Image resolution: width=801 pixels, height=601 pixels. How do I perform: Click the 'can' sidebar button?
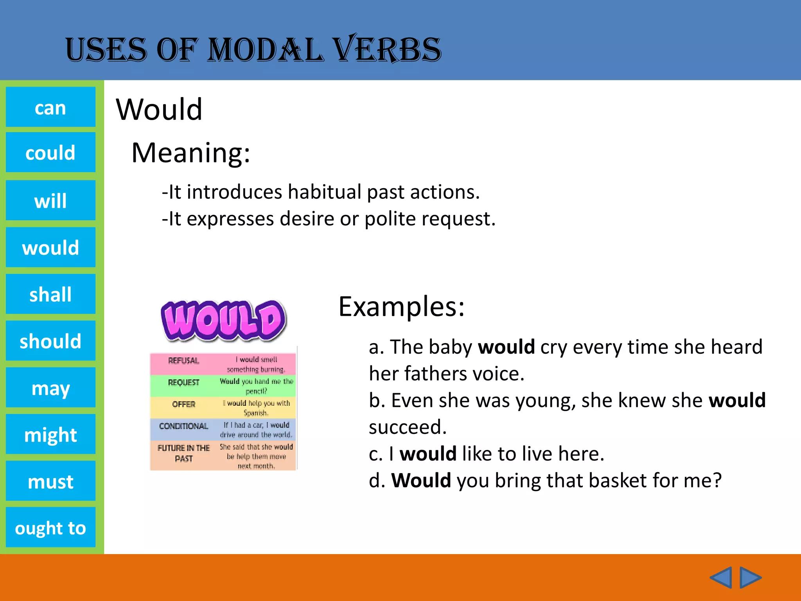point(50,107)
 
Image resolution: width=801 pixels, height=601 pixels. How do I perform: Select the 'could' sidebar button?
point(50,152)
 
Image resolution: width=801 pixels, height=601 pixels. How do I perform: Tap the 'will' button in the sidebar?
point(50,200)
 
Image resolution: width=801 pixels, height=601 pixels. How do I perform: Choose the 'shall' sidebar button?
point(50,294)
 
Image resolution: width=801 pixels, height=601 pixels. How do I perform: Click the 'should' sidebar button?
point(50,341)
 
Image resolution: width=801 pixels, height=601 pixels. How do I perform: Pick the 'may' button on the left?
point(50,387)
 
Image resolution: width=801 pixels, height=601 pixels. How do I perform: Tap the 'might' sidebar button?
point(50,434)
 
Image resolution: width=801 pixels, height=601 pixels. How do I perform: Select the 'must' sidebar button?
point(50,481)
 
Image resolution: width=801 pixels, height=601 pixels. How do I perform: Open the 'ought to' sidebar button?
point(50,527)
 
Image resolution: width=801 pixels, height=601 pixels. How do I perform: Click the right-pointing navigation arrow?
point(750,578)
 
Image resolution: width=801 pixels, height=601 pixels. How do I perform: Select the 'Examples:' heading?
point(401,306)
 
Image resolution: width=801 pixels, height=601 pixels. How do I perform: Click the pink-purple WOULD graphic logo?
point(223,320)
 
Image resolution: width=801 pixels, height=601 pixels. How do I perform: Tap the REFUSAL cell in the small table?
point(183,361)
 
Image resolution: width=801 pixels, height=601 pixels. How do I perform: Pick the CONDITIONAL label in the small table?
point(183,426)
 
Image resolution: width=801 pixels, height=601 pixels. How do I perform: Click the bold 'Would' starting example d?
point(421,480)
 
